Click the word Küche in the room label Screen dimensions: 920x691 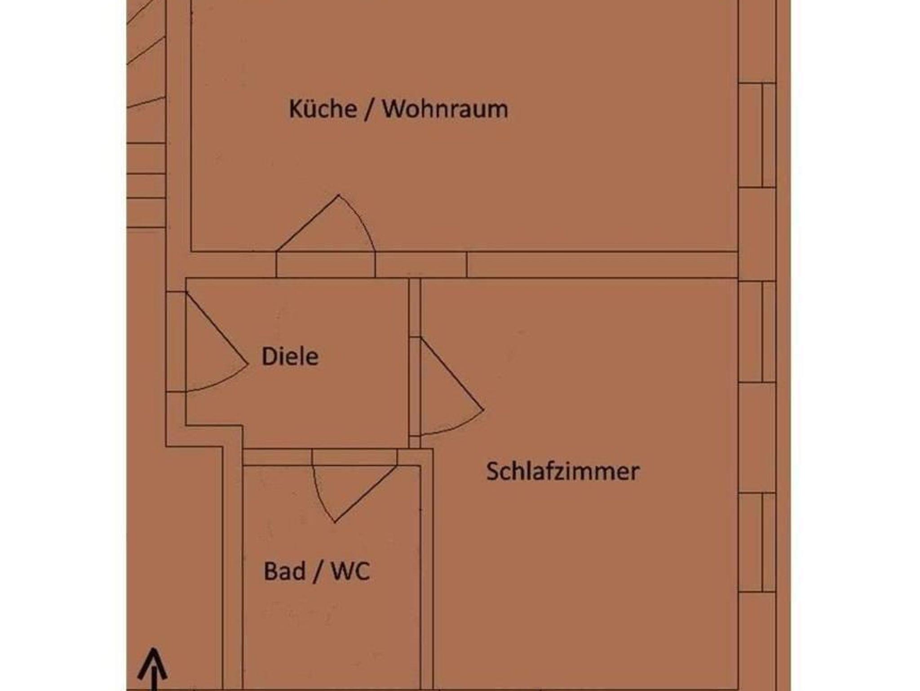pos(323,109)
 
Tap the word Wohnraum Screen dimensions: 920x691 pos(445,109)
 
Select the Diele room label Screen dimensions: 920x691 pos(290,357)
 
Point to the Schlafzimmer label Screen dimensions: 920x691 pos(563,471)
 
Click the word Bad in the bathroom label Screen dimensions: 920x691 pos(284,571)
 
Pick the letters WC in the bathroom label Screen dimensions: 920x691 pos(350,571)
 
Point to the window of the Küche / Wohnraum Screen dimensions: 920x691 pos(757,135)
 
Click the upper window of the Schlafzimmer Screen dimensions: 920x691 pos(757,332)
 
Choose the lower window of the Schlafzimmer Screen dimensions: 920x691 pos(757,542)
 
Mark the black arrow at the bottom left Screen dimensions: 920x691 pos(153,669)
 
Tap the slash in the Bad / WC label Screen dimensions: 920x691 pos(318,572)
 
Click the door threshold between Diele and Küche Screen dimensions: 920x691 pos(325,265)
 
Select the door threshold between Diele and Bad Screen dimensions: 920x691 pos(354,457)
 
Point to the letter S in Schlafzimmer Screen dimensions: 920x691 pos(494,471)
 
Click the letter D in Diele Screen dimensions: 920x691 pos(269,357)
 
